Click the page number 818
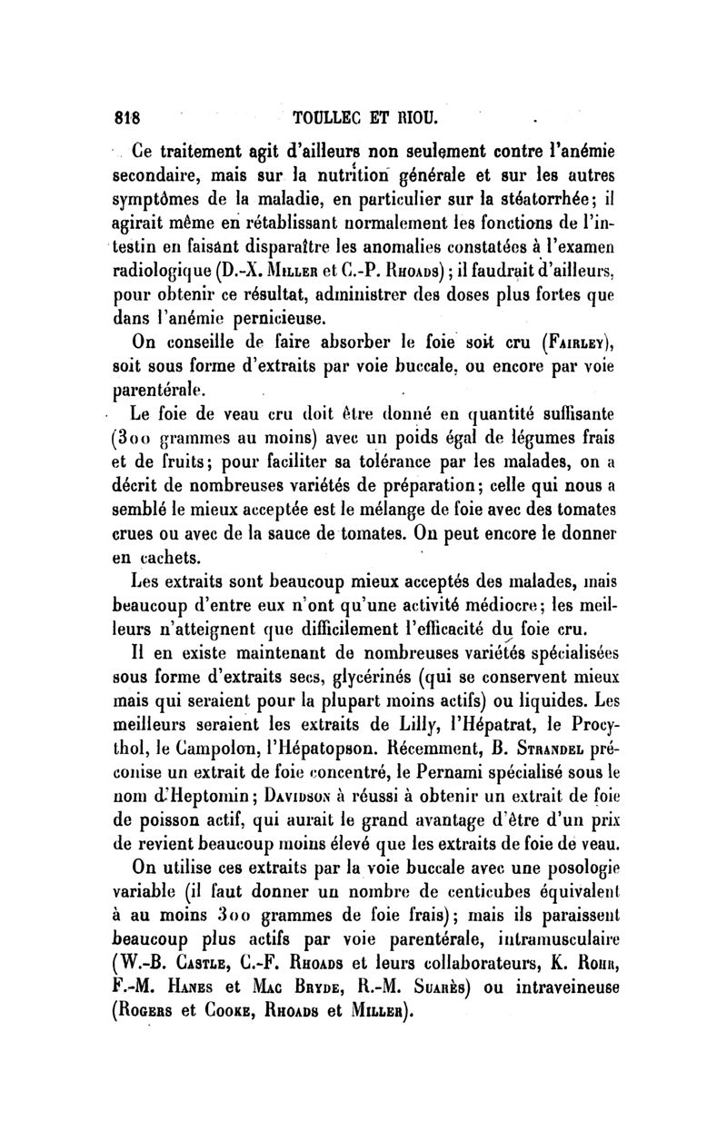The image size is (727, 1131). [135, 117]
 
